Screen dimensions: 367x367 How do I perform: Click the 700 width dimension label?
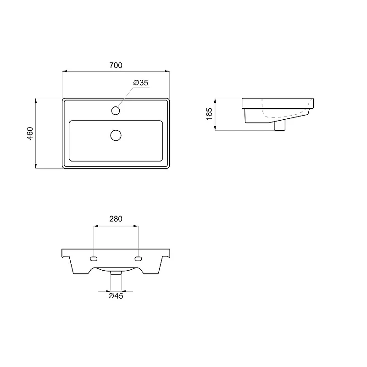116,65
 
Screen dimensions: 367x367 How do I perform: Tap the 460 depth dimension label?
30,133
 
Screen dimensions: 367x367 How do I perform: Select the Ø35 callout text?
141,83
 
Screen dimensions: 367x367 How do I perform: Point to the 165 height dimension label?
209,114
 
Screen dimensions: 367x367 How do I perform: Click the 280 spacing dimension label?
116,219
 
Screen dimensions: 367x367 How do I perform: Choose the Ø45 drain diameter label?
116,296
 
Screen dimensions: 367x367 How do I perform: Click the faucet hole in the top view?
116,111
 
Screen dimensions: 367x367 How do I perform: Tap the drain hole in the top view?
116,135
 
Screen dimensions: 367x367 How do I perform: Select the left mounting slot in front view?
94,259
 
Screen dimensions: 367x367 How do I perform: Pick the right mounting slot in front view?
139,259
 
